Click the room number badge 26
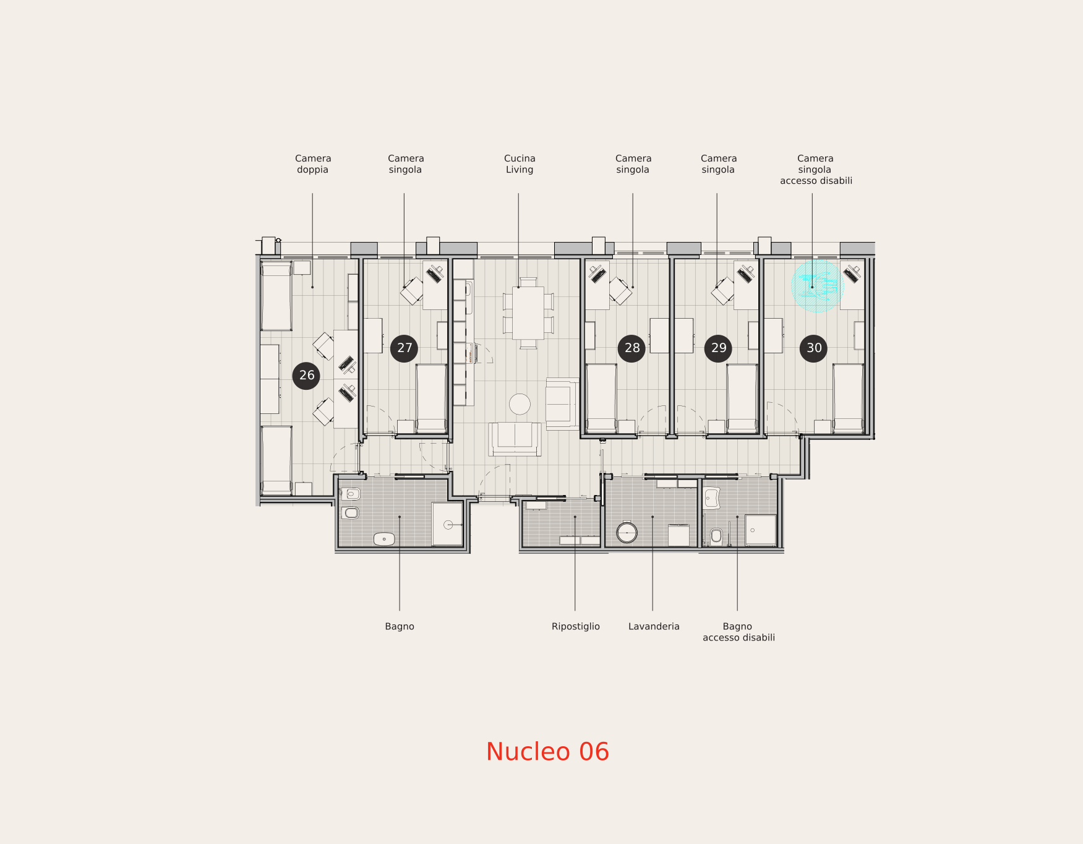coord(306,376)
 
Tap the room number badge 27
coord(405,348)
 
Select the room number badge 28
coord(631,348)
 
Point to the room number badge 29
coord(718,348)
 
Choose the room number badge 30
coord(813,348)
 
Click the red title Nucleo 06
coord(547,752)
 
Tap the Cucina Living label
coord(520,164)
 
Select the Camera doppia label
coord(313,164)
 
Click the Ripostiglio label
coord(576,627)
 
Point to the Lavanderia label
coord(654,627)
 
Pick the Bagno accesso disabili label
coord(738,632)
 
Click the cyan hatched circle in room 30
coord(818,286)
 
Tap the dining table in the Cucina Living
coord(528,312)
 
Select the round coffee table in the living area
coord(520,404)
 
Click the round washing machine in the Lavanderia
coord(627,532)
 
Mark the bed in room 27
coord(431,398)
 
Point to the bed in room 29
coord(742,398)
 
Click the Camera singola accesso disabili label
coord(816,170)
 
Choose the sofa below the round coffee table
coord(515,439)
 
